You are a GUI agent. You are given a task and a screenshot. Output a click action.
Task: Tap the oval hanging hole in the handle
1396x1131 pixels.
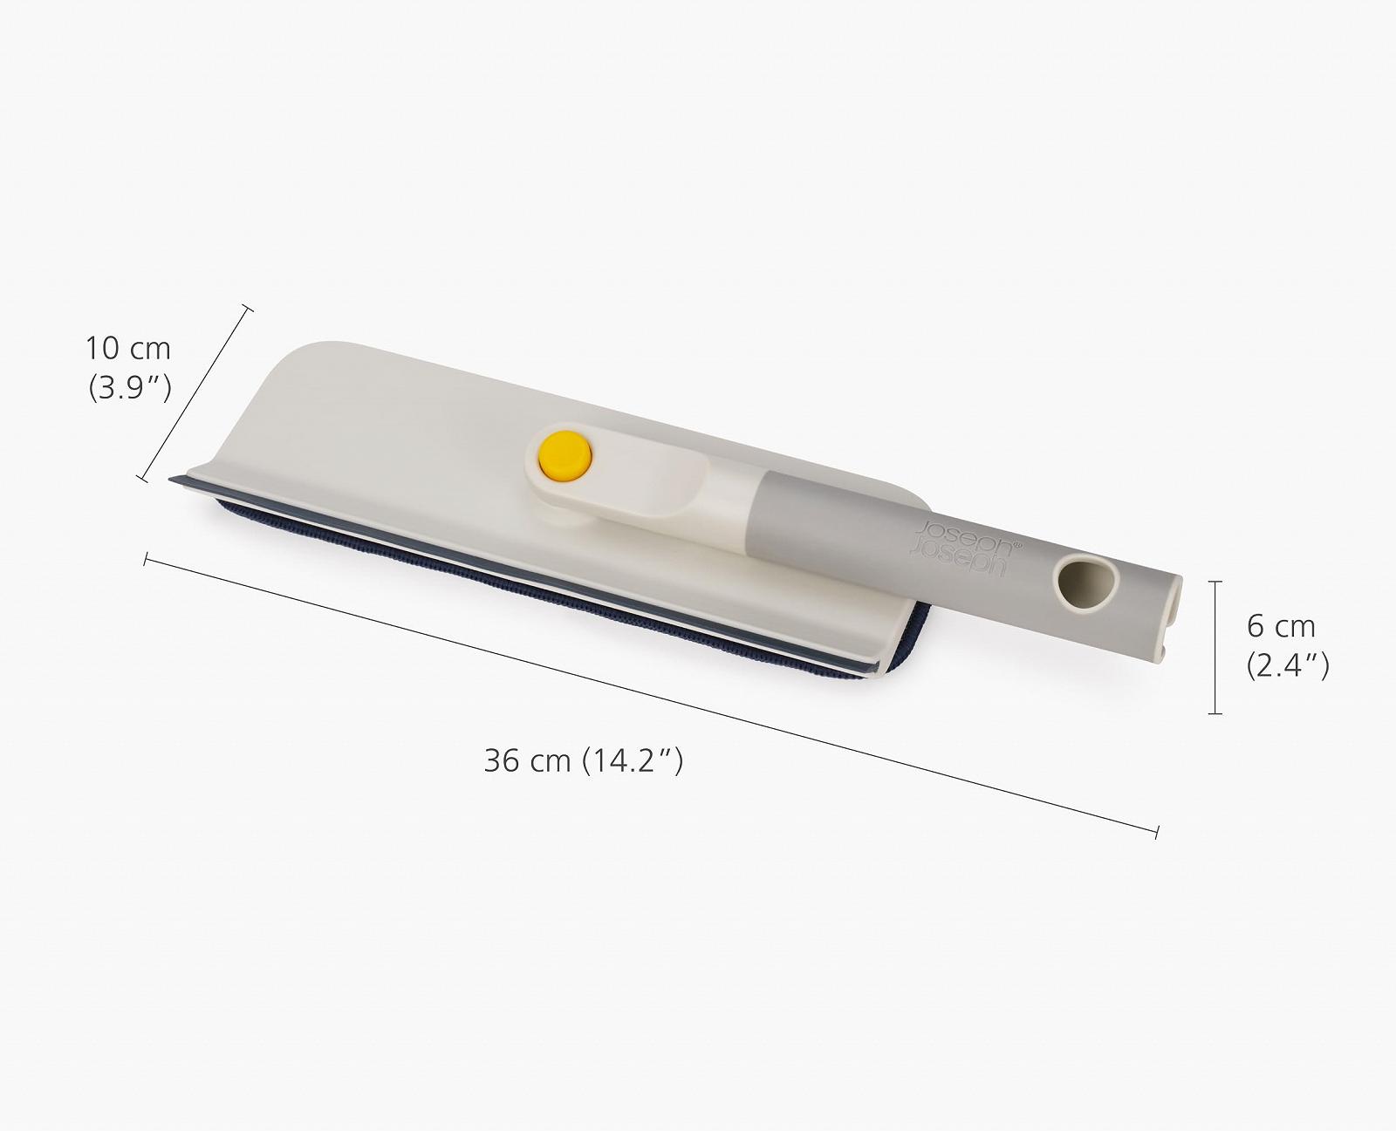(x=1085, y=583)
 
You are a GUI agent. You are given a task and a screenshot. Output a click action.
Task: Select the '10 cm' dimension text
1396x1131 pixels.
(x=127, y=349)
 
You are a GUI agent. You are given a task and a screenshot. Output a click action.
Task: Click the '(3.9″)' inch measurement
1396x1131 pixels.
(x=130, y=388)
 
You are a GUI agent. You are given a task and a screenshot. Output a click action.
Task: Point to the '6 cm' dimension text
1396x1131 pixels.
(x=1281, y=627)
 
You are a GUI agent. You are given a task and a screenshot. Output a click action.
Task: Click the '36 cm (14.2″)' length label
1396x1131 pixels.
(x=584, y=761)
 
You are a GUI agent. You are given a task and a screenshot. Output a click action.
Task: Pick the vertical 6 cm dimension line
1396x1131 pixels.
(x=1215, y=647)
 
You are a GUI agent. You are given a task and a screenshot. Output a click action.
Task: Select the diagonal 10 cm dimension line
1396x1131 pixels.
(x=195, y=393)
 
